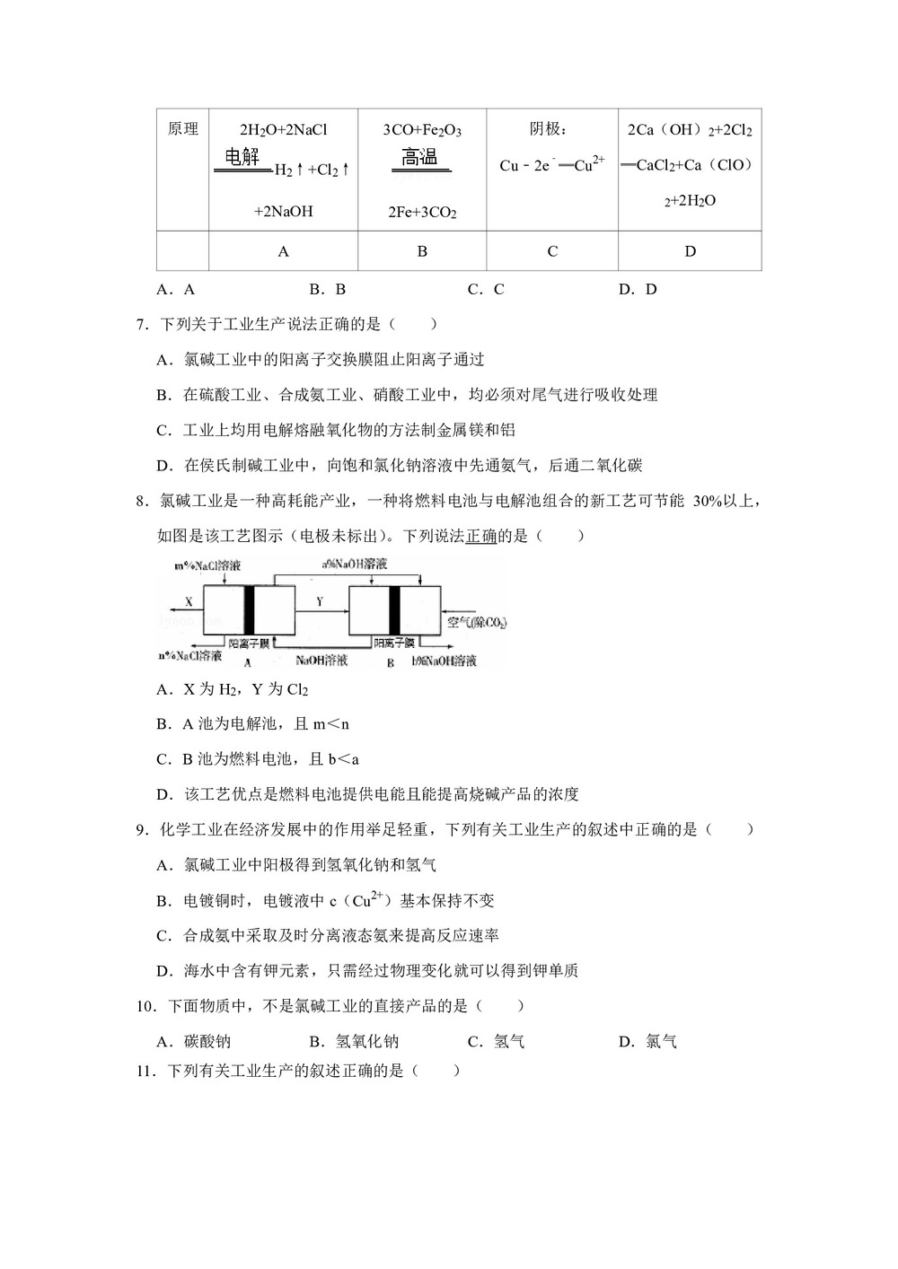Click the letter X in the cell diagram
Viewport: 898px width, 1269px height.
(x=189, y=601)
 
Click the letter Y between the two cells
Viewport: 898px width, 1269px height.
(x=320, y=601)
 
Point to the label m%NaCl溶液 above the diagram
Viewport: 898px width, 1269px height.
(x=207, y=566)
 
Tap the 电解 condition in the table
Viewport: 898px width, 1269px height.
(x=242, y=158)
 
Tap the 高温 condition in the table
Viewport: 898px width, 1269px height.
(x=419, y=158)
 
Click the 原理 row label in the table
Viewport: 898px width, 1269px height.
(x=183, y=129)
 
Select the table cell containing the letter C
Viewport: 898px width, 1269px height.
(x=552, y=251)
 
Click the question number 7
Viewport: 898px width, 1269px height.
(x=142, y=324)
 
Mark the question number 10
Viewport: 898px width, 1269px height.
(x=146, y=1006)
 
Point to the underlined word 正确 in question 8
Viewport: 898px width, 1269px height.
(x=480, y=536)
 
